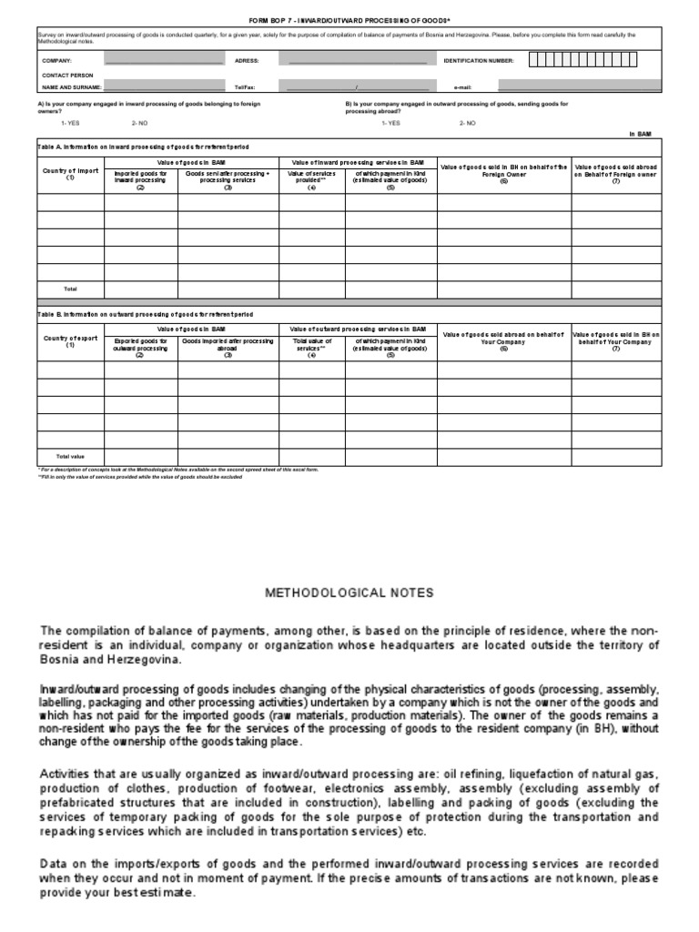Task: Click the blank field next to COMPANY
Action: click(x=163, y=60)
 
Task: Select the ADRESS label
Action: click(x=247, y=60)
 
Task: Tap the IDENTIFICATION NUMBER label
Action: click(x=479, y=60)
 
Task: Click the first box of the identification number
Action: click(x=533, y=60)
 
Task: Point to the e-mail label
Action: click(x=462, y=87)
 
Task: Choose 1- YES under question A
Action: click(x=70, y=122)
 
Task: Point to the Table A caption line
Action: click(x=143, y=147)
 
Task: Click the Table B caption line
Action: click(x=146, y=313)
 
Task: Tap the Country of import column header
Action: click(x=70, y=174)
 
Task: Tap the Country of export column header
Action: click(x=70, y=341)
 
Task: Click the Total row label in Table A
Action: click(x=70, y=289)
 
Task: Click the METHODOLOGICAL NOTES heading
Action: click(x=349, y=593)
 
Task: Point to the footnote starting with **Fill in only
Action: click(x=139, y=476)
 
